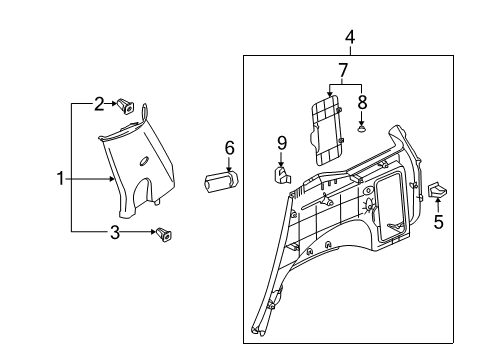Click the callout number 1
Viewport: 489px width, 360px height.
pos(61,180)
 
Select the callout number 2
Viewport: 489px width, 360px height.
pos(100,103)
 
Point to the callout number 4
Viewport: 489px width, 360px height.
pos(350,38)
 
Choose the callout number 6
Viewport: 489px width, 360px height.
pos(229,148)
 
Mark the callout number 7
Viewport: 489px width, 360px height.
pos(342,71)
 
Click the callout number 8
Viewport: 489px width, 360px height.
pos(361,101)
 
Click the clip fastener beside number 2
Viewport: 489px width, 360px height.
pos(127,103)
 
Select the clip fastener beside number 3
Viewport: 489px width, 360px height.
pos(161,235)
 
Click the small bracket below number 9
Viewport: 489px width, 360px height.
pos(280,174)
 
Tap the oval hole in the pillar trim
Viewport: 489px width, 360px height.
pos(144,161)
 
